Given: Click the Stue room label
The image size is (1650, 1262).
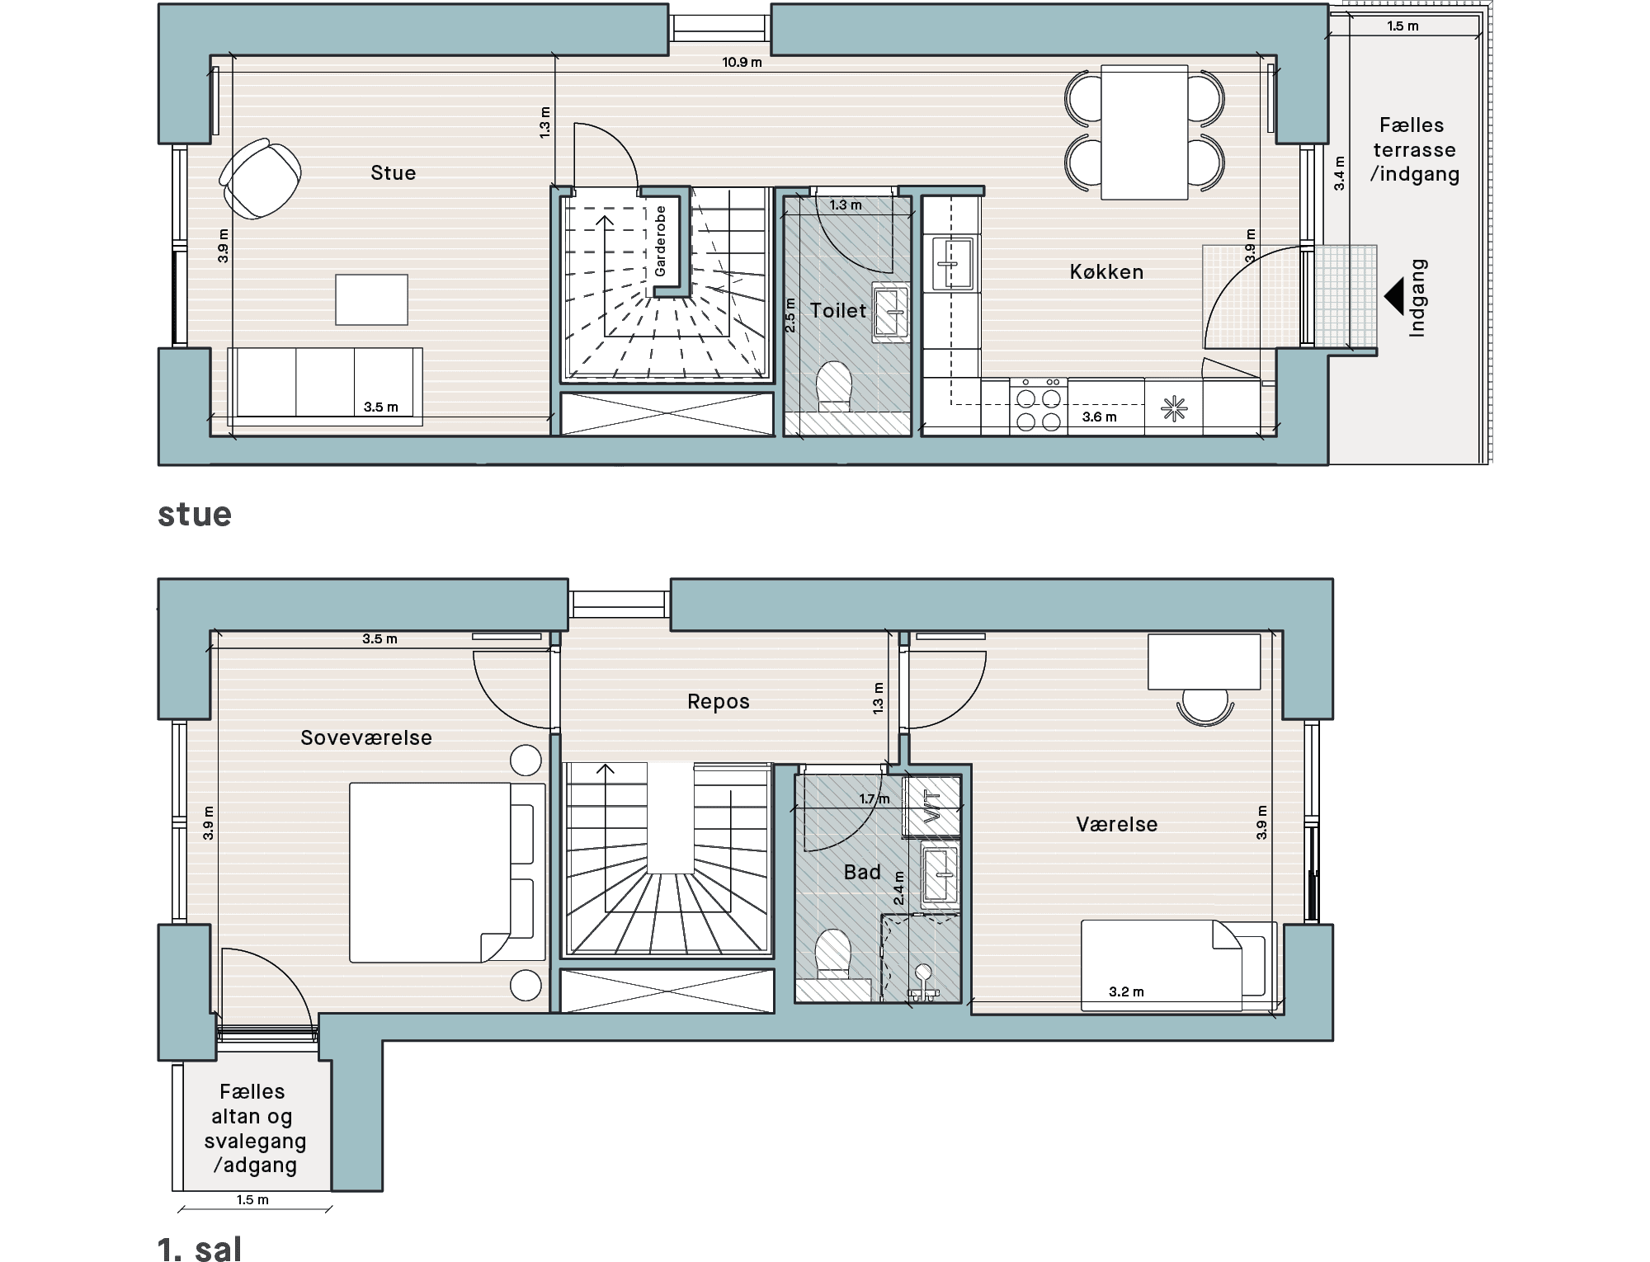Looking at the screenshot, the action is pos(393,173).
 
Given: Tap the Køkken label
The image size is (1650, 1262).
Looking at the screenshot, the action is pos(1106,272).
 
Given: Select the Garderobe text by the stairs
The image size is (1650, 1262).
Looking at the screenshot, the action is pos(660,241).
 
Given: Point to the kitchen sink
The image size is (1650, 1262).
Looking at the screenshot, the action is pos(953,263).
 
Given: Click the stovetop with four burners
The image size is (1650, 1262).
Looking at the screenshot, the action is pos(1039,405).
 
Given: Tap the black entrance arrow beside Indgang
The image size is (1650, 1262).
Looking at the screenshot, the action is pos(1393,296).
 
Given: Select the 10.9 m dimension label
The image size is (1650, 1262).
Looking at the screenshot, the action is pos(742,62).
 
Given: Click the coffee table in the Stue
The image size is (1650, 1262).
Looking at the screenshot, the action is pos(371,299).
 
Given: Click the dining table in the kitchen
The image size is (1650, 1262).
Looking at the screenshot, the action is pos(1144,133).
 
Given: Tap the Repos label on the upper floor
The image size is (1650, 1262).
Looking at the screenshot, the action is pos(719,702).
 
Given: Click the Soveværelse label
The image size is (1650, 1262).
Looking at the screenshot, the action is pos(366,738).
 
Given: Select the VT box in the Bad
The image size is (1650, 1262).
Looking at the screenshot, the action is pos(932,806).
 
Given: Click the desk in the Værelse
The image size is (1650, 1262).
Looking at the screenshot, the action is pos(1204,662).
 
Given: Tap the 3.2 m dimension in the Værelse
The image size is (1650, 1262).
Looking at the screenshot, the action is pos(1126,992).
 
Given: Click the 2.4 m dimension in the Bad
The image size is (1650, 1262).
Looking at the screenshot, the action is pos(899,888).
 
